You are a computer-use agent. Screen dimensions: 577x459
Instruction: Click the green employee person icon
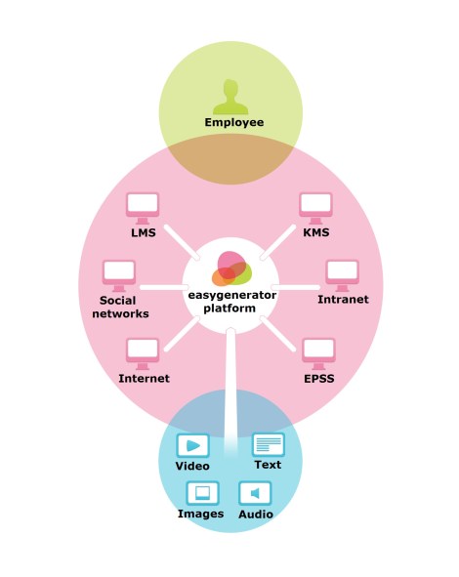pyautogui.click(x=230, y=95)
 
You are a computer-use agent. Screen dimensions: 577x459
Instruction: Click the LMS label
pyautogui.click(x=144, y=233)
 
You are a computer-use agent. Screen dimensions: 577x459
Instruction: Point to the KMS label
pyautogui.click(x=315, y=233)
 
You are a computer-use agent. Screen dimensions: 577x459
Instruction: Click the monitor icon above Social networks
pyautogui.click(x=119, y=274)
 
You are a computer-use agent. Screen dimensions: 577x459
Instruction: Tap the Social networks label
pyautogui.click(x=124, y=308)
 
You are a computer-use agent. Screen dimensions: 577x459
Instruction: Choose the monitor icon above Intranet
pyautogui.click(x=343, y=274)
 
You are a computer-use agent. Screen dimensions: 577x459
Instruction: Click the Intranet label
pyautogui.click(x=343, y=300)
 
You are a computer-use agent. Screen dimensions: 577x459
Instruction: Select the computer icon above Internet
pyautogui.click(x=144, y=352)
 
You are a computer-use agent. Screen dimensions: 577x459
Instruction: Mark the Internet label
pyautogui.click(x=144, y=378)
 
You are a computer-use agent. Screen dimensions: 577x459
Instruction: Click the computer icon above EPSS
pyautogui.click(x=318, y=352)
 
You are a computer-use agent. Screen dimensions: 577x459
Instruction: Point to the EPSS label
pyautogui.click(x=318, y=378)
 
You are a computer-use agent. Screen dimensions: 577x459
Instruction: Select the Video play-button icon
pyautogui.click(x=192, y=446)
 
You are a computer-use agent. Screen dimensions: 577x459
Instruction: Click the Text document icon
pyautogui.click(x=268, y=445)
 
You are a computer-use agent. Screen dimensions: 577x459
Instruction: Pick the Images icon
pyautogui.click(x=201, y=493)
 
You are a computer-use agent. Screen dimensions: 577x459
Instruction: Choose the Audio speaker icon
pyautogui.click(x=255, y=493)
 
